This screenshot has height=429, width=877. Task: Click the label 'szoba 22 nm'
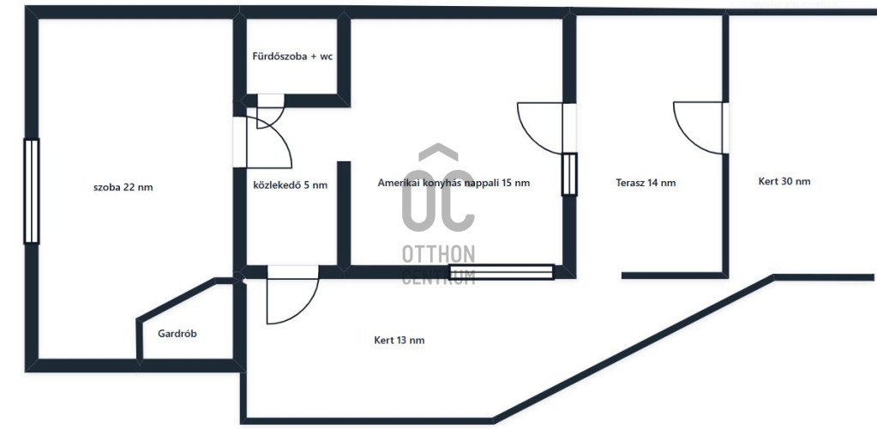[x=123, y=188]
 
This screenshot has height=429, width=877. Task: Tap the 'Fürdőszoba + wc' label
[x=292, y=57]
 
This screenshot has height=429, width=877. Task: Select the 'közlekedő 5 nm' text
[x=291, y=184]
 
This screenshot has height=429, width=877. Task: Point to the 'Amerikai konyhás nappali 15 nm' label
[x=454, y=183]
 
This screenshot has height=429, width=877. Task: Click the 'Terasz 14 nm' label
[x=646, y=183]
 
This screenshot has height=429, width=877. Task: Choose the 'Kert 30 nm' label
[x=784, y=181]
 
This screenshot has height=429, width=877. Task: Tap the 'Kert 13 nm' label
[x=399, y=340]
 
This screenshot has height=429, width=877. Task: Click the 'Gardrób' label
[x=177, y=334]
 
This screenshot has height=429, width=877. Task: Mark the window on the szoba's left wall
[x=32, y=191]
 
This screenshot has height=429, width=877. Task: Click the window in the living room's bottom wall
[x=502, y=272]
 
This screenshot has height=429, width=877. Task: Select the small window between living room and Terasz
[x=569, y=174]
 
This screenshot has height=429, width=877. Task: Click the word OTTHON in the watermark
[x=439, y=255]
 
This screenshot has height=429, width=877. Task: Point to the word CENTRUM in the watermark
[x=439, y=276]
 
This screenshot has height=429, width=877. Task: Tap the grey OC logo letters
[x=438, y=190]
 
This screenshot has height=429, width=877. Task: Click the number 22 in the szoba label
[x=129, y=188]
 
